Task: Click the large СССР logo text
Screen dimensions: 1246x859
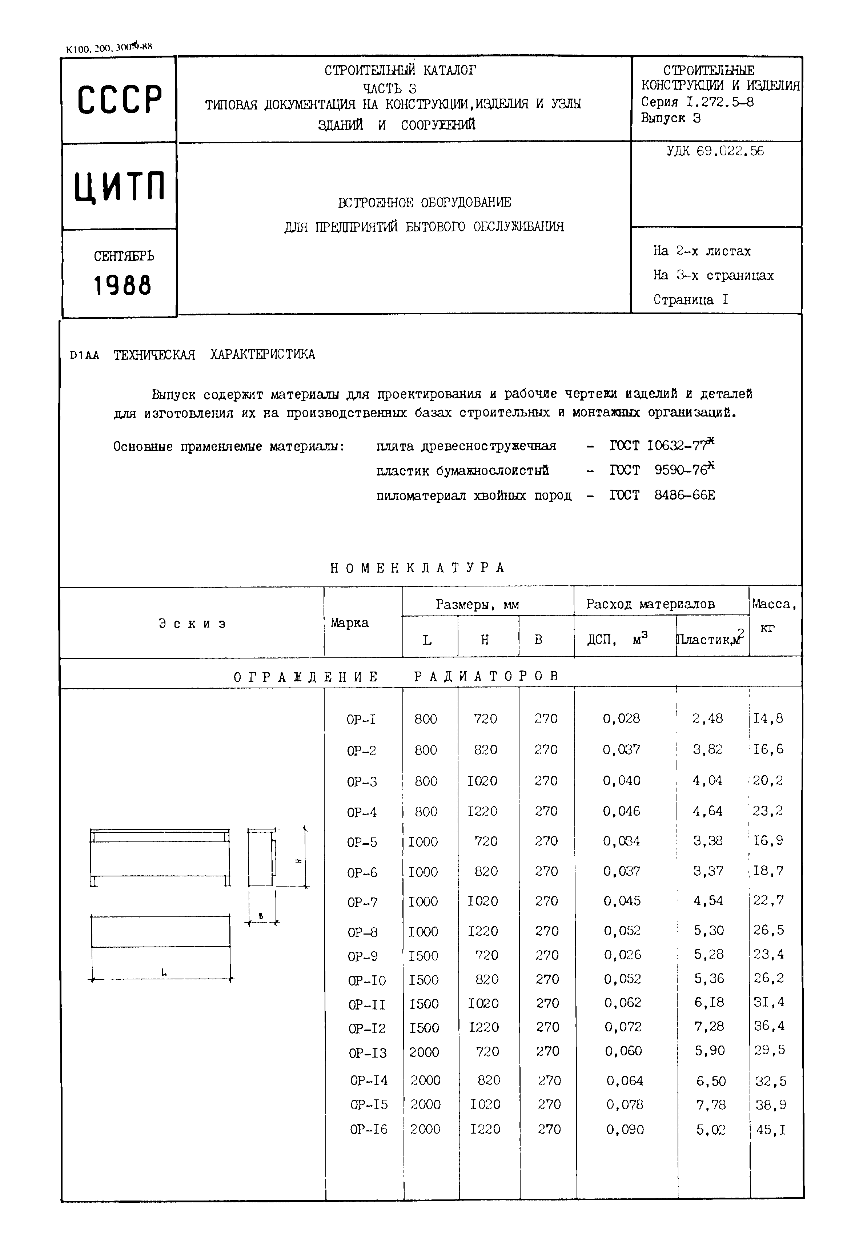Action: coord(120,100)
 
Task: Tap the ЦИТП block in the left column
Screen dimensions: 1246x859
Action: coord(120,186)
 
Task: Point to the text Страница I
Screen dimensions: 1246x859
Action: coord(691,299)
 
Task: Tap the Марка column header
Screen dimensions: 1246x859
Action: coord(350,623)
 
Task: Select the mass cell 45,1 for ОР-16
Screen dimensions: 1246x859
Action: coord(771,1130)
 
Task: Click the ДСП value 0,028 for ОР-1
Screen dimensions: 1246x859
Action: coord(621,718)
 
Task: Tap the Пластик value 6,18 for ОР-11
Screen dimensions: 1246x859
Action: coord(709,1002)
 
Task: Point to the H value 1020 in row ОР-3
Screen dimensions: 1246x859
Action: coord(482,781)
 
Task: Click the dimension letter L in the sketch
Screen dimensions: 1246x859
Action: coord(164,972)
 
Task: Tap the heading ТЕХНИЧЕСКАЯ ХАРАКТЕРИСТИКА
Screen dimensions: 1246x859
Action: coord(214,354)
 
